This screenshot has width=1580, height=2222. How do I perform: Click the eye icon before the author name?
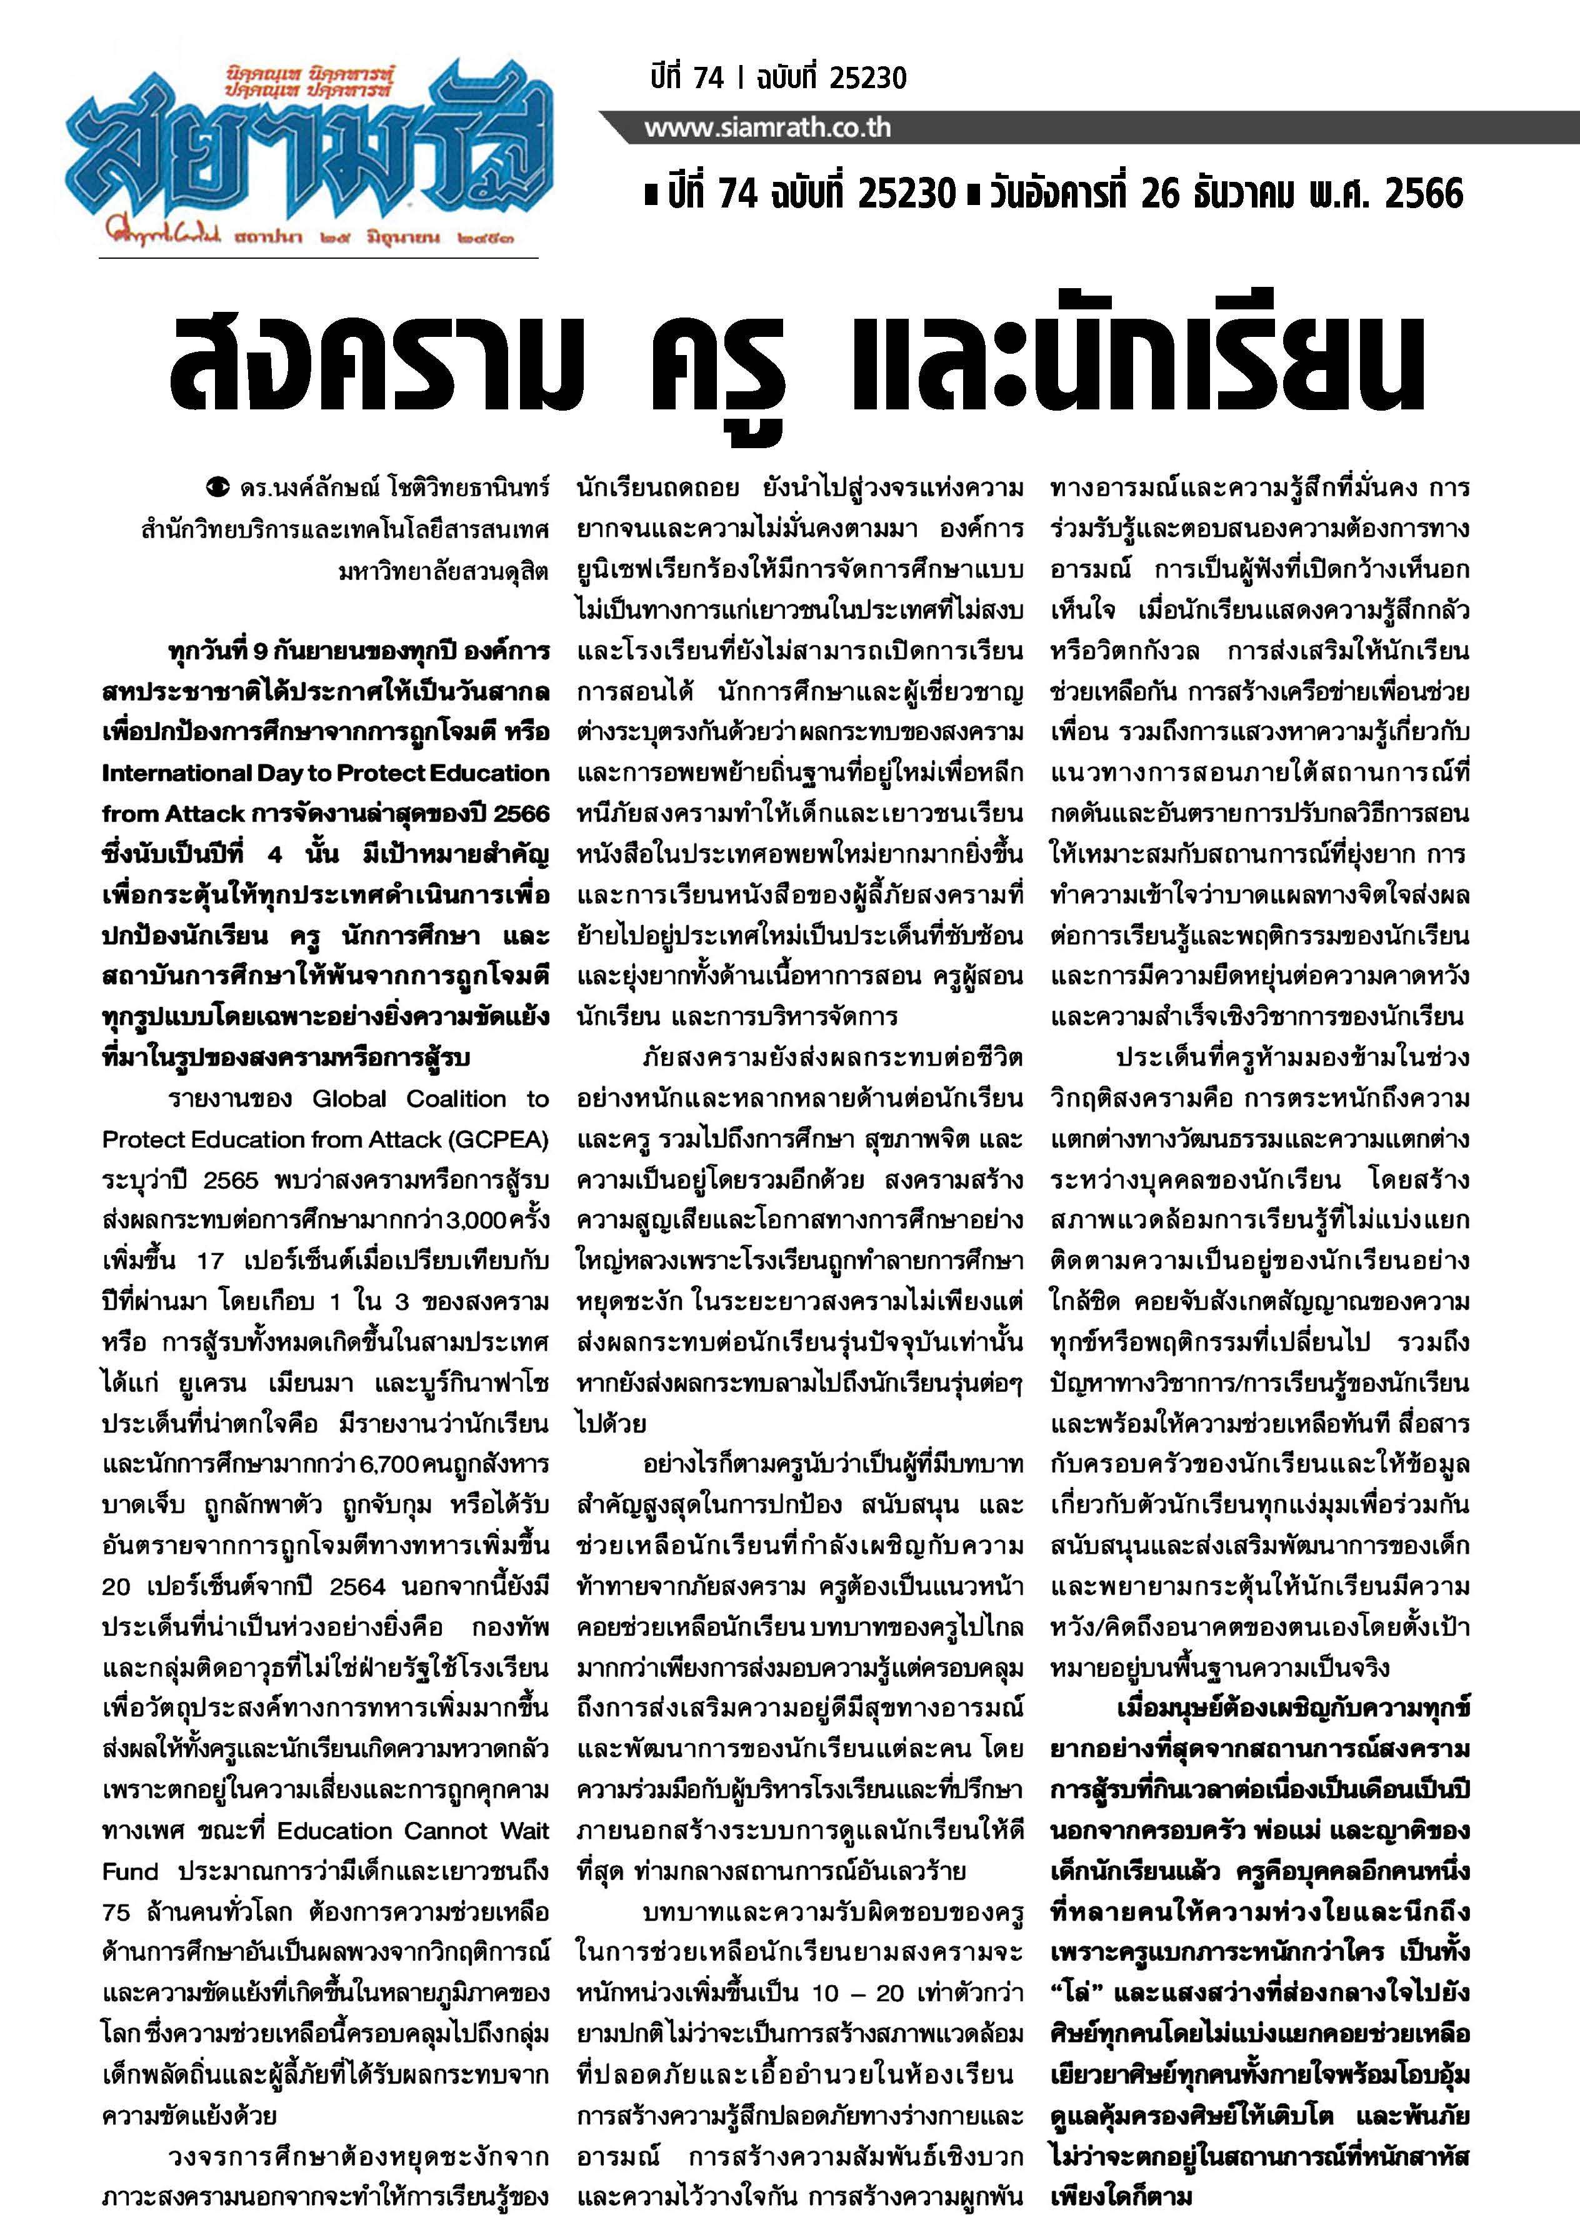[x=220, y=486]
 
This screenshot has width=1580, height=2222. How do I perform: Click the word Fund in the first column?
[x=131, y=1871]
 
